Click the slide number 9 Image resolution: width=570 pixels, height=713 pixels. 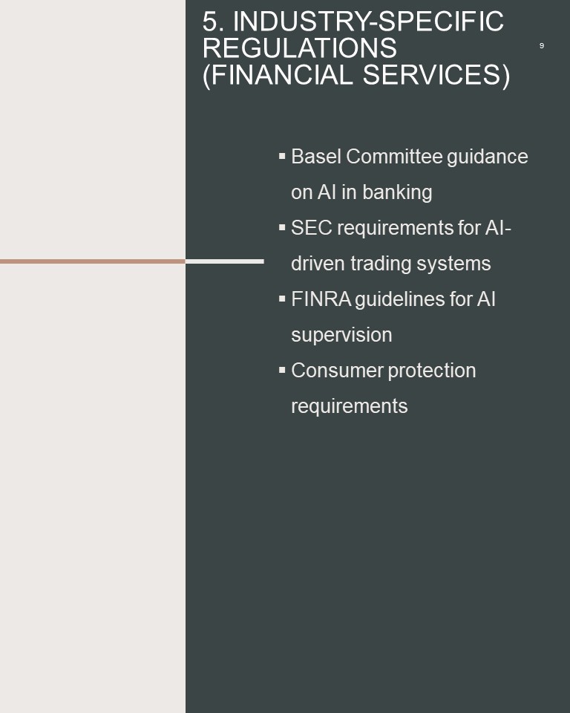(x=541, y=45)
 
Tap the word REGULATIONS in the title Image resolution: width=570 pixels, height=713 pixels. (x=300, y=48)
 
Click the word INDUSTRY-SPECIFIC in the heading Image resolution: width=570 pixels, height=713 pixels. (x=368, y=21)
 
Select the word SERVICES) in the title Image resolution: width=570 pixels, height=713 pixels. (x=436, y=75)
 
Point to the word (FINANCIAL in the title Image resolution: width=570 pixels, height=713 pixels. (x=278, y=75)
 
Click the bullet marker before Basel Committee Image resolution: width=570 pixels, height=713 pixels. (x=282, y=156)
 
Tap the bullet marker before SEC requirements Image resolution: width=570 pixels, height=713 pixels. (x=282, y=227)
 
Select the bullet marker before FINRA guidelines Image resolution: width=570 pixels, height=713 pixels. (x=282, y=299)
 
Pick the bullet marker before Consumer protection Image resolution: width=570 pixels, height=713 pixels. (x=282, y=370)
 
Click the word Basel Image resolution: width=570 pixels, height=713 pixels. (x=316, y=157)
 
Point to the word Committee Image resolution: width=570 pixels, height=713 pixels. (x=394, y=157)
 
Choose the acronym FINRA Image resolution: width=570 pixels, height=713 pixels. (x=321, y=299)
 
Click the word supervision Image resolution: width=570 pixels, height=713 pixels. (x=341, y=336)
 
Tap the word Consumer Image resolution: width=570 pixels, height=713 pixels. (x=337, y=371)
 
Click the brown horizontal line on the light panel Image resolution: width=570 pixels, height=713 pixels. (x=93, y=261)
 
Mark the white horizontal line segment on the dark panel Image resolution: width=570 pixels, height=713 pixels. (x=225, y=261)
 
